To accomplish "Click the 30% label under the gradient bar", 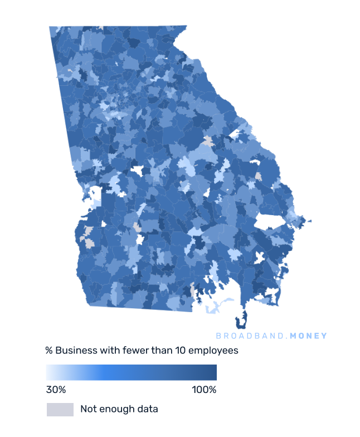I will [x=56, y=390].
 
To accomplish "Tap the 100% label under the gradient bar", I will [x=204, y=390].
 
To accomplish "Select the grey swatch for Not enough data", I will [x=60, y=409].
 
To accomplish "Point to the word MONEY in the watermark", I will [x=309, y=336].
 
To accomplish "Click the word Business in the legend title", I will [x=74, y=351].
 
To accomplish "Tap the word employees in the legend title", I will [x=213, y=351].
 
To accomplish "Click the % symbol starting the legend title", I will [x=49, y=351].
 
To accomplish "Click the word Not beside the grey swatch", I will [x=88, y=409].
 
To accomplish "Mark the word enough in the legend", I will [x=117, y=409].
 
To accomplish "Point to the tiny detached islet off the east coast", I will [x=310, y=221].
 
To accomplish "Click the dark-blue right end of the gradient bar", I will [x=212, y=372].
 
